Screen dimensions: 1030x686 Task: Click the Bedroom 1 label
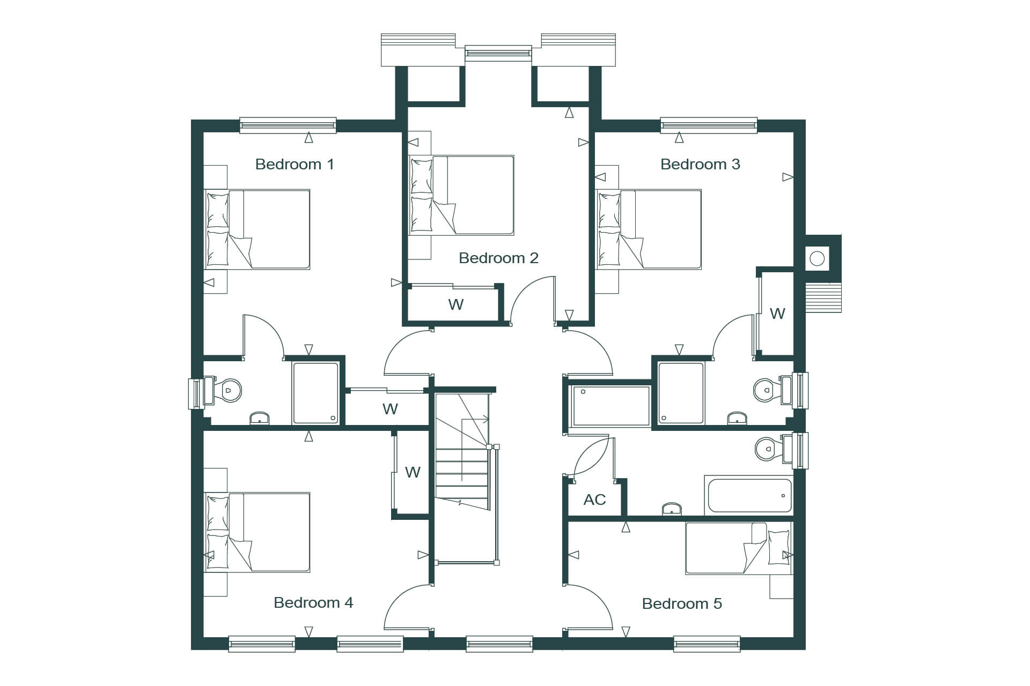pyautogui.click(x=295, y=164)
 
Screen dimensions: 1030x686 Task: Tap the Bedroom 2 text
pyautogui.click(x=498, y=258)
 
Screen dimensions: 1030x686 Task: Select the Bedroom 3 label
pyautogui.click(x=700, y=164)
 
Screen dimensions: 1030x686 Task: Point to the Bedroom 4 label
pyautogui.click(x=313, y=603)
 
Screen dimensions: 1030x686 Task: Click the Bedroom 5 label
pyautogui.click(x=682, y=604)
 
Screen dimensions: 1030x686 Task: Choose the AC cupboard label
pyautogui.click(x=594, y=500)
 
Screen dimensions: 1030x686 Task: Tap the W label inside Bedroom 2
pyautogui.click(x=455, y=305)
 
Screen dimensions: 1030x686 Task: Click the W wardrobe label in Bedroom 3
pyautogui.click(x=777, y=314)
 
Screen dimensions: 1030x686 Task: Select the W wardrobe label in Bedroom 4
pyautogui.click(x=413, y=473)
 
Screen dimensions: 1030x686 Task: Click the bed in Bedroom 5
pyautogui.click(x=739, y=548)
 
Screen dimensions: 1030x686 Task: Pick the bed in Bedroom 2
pyautogui.click(x=461, y=195)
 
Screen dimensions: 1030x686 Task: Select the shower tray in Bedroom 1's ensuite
pyautogui.click(x=315, y=393)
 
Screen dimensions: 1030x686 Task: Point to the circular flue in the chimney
pyautogui.click(x=817, y=259)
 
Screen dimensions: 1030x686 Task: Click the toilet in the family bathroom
pyautogui.click(x=774, y=449)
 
